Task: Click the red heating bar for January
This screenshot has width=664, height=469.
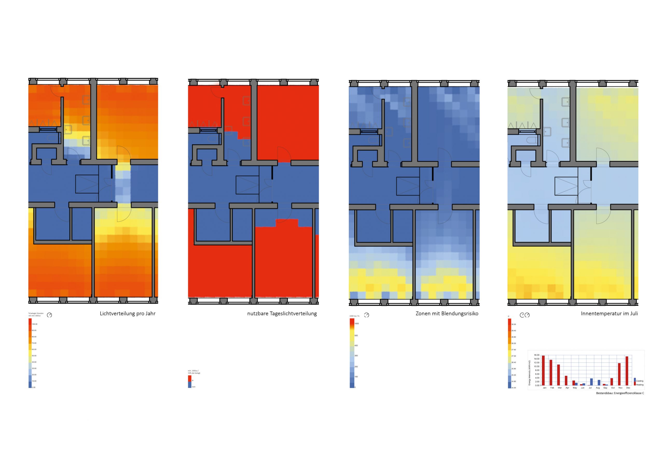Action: pyautogui.click(x=543, y=370)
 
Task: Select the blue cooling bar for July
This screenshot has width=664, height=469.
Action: pyautogui.click(x=591, y=382)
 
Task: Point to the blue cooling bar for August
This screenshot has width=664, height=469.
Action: pyautogui.click(x=599, y=383)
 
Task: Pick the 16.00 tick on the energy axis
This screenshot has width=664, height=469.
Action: pyautogui.click(x=537, y=355)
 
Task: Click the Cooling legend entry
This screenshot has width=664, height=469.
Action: pyautogui.click(x=639, y=381)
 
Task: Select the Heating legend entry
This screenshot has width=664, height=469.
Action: pyautogui.click(x=639, y=385)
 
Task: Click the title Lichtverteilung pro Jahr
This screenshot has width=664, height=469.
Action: pyautogui.click(x=128, y=314)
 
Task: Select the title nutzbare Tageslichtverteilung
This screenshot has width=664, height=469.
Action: pyautogui.click(x=282, y=314)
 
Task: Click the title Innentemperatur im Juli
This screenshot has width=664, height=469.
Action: pyautogui.click(x=609, y=314)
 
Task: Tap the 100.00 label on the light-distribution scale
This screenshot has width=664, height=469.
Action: pyautogui.click(x=34, y=324)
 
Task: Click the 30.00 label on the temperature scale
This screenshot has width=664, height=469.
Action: pyautogui.click(x=514, y=324)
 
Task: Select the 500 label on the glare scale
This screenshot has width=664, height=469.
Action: pyautogui.click(x=356, y=336)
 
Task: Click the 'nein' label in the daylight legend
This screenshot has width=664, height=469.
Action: pyautogui.click(x=193, y=387)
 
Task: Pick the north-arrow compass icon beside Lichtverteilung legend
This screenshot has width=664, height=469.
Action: pyautogui.click(x=50, y=315)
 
